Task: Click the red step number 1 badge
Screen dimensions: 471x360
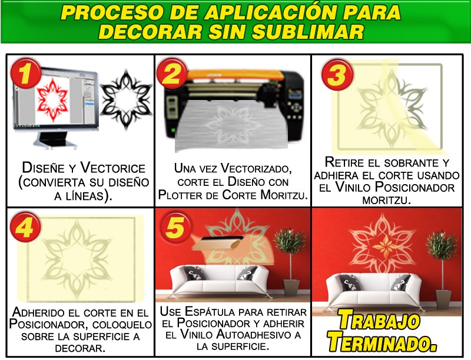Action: click(26, 73)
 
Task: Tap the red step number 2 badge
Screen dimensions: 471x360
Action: click(172, 73)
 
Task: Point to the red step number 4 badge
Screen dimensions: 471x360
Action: click(25, 227)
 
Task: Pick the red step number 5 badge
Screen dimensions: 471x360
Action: click(175, 227)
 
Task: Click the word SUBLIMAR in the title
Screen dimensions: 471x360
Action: click(307, 32)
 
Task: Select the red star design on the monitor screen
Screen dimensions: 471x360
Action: click(52, 100)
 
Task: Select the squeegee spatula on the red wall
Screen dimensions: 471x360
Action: click(217, 243)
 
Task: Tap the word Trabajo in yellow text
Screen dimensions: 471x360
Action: click(379, 320)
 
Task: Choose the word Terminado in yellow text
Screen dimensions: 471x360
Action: click(382, 341)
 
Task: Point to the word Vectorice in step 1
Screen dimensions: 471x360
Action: click(113, 168)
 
